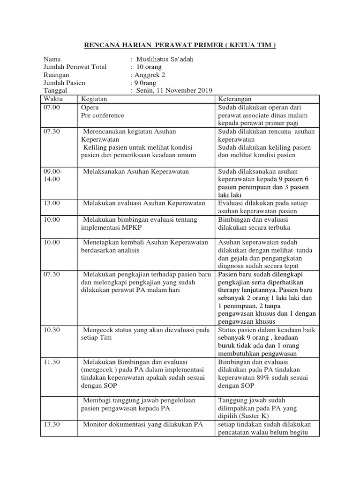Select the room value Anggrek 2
point(150,75)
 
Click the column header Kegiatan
point(94,99)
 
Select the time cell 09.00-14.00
point(52,175)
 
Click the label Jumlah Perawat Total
point(75,67)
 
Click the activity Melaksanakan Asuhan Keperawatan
point(136,172)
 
